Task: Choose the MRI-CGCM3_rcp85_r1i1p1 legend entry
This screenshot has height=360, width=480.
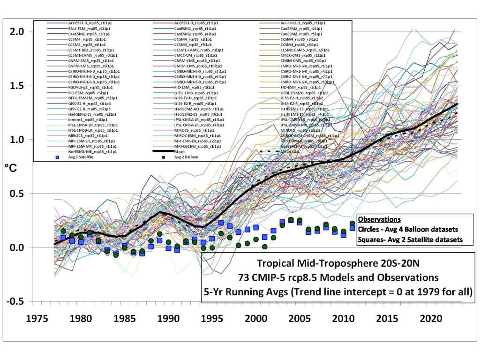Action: (197, 146)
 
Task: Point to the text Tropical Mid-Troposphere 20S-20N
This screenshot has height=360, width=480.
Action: (338, 262)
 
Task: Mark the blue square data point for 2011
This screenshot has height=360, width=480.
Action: (352, 228)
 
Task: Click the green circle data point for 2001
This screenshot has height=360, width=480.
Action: (265, 247)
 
